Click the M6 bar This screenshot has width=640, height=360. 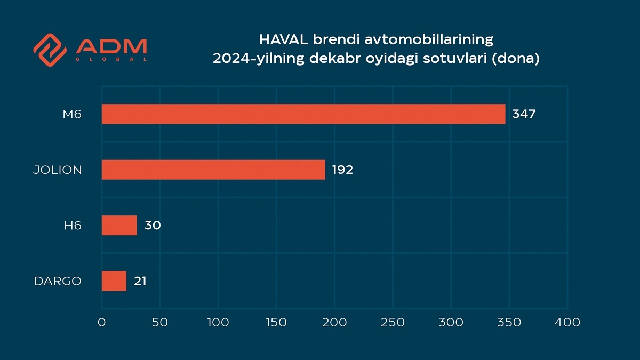tap(303, 114)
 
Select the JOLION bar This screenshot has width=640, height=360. tap(213, 170)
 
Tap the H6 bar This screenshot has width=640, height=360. tap(119, 226)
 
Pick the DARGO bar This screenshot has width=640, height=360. tap(114, 281)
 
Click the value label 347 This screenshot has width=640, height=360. tap(524, 114)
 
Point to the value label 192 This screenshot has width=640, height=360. tap(342, 170)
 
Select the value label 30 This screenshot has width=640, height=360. tap(153, 226)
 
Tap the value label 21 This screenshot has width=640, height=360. tap(140, 281)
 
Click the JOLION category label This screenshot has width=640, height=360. tap(58, 170)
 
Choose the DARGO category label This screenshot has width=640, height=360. tap(58, 281)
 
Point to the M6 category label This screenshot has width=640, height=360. tap(72, 114)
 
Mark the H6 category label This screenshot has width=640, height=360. tap(73, 226)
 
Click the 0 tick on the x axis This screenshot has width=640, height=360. tap(102, 322)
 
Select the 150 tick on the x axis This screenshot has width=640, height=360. tap(276, 322)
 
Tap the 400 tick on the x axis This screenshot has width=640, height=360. tap(567, 322)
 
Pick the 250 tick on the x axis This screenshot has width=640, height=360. tap(393, 322)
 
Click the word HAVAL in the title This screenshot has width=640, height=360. tap(283, 39)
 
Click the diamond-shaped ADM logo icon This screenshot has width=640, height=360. tap(50, 50)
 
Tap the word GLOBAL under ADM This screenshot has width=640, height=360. tap(111, 59)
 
